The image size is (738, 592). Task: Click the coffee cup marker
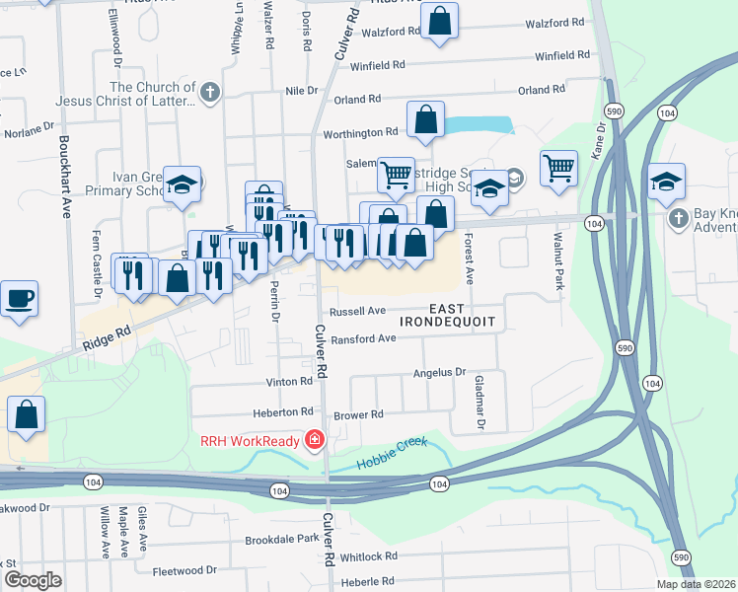[x=18, y=298]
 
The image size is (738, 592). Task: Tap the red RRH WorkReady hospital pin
[x=314, y=440]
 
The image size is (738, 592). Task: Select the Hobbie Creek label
[x=392, y=444]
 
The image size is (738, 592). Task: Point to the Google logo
[x=33, y=580]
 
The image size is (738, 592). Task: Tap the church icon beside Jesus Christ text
[x=208, y=95]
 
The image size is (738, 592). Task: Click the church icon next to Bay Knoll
[x=677, y=217]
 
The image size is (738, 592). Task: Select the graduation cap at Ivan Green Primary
[x=183, y=183]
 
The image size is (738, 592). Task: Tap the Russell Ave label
[x=357, y=311]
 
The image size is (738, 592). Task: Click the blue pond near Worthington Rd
[x=480, y=125]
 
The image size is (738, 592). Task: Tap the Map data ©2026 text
[x=695, y=584]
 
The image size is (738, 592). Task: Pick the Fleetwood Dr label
[x=184, y=570]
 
